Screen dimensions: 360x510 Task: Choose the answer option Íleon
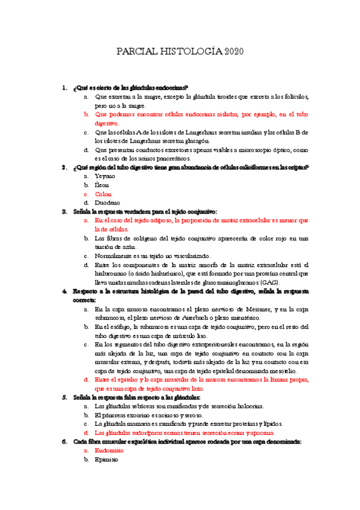102,185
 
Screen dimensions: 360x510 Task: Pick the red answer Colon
103,194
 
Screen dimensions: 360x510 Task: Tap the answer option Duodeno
107,203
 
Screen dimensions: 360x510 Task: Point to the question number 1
64,88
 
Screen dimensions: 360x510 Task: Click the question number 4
64,291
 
